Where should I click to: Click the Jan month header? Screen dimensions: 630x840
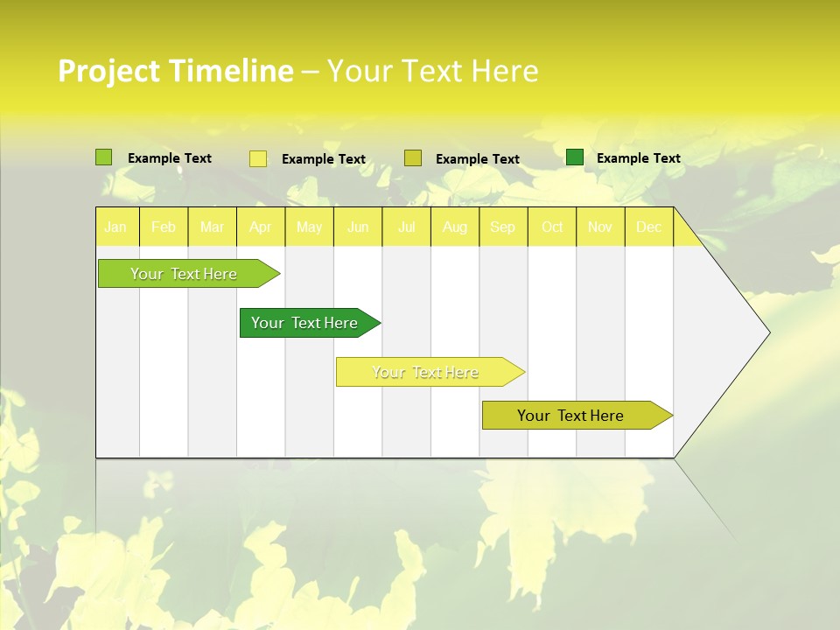click(x=116, y=227)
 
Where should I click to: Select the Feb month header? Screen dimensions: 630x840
click(x=164, y=227)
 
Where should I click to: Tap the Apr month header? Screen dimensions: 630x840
click(x=261, y=227)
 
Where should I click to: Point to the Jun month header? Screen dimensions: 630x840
click(x=358, y=227)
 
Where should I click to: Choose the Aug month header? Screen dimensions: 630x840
click(x=455, y=227)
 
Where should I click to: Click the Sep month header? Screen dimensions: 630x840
click(x=503, y=227)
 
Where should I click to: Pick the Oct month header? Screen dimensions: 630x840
click(x=552, y=227)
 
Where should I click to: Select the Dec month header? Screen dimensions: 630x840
click(x=649, y=227)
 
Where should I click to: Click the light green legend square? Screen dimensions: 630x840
click(x=104, y=157)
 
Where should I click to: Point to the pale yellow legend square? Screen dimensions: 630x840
click(x=258, y=158)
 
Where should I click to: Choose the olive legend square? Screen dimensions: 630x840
click(x=413, y=158)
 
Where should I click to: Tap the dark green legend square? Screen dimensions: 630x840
click(x=575, y=157)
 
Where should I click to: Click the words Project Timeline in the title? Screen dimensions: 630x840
click(x=175, y=71)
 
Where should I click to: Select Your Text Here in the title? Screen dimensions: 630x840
click(x=432, y=71)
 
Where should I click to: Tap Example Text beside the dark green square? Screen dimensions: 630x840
click(x=638, y=158)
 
